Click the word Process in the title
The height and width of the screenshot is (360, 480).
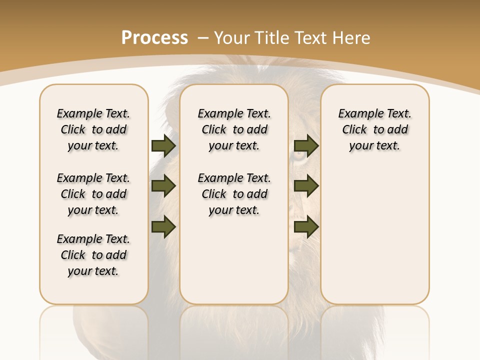[x=154, y=38]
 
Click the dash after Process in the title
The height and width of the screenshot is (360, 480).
[x=203, y=38]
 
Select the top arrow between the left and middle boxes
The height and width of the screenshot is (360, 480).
[x=163, y=146]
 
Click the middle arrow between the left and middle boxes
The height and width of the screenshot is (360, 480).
[x=163, y=186]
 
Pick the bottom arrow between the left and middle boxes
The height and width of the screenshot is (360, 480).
[x=163, y=227]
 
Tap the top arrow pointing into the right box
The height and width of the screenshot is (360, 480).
[x=306, y=146]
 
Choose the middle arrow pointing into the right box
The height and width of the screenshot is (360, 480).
[x=306, y=186]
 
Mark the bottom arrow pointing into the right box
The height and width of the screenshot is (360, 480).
[x=306, y=227]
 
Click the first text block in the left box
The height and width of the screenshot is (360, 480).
[x=93, y=129]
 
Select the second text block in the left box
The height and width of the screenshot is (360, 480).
[x=93, y=194]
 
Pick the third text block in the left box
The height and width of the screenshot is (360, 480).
[x=93, y=255]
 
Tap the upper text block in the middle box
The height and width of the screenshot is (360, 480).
[x=234, y=129]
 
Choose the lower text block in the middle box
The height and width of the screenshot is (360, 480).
[x=234, y=194]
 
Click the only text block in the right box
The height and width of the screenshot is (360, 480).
[x=375, y=129]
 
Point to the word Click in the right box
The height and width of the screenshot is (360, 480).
[x=354, y=130]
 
